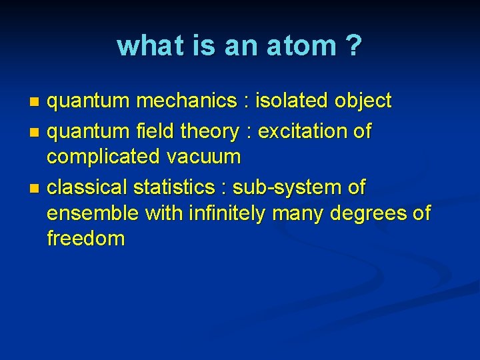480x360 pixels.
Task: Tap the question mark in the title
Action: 353,46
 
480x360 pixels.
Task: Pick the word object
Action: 363,101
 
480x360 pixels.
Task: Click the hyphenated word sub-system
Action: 289,188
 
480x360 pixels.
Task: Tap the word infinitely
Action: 229,213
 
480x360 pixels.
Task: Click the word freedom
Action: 85,238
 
